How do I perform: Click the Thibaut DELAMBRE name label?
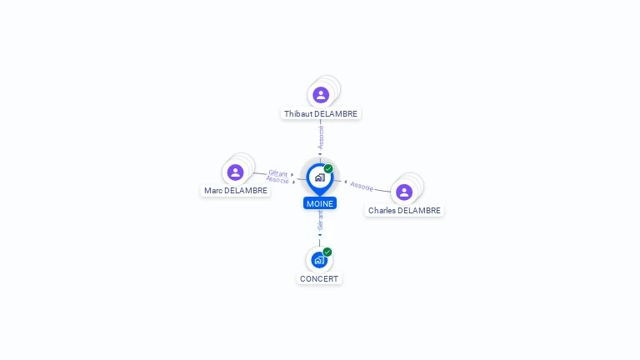pos(321,114)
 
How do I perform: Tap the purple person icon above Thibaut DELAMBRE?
pos(321,95)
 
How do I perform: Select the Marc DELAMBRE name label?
pos(236,191)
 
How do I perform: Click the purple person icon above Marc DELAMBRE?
pos(236,172)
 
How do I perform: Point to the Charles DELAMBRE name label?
pos(404,211)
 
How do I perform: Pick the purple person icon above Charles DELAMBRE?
pos(404,192)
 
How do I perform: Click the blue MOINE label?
pos(320,203)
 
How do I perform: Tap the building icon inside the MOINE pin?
pos(320,177)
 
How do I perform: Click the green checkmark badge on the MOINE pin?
pos(328,168)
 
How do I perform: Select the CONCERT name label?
pos(319,279)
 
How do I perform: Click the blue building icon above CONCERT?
pos(319,260)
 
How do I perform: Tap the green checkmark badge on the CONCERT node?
pos(327,252)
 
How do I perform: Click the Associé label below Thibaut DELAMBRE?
pos(321,137)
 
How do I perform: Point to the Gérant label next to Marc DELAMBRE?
pos(278,173)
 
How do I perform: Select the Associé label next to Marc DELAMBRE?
pos(277,180)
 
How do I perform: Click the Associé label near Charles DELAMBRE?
pos(362,186)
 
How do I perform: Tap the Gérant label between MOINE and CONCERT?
pos(320,220)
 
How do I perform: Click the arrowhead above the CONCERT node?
pos(320,235)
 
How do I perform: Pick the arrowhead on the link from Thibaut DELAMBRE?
pos(320,154)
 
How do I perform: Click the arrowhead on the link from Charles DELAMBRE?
pos(346,182)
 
